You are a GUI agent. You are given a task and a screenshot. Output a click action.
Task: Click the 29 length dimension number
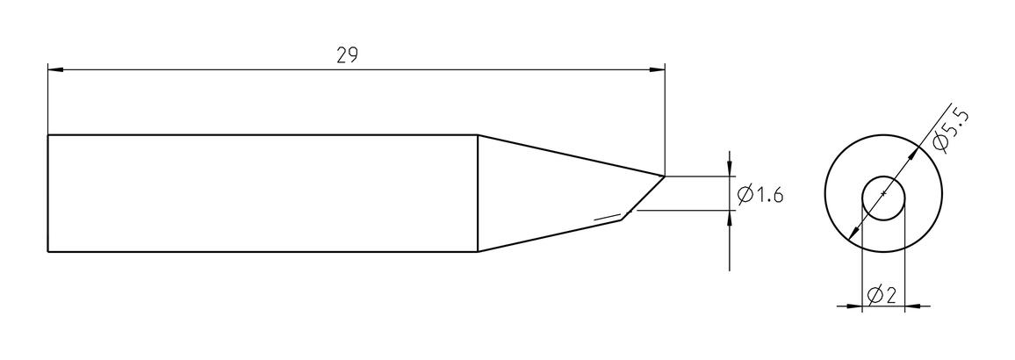(x=348, y=55)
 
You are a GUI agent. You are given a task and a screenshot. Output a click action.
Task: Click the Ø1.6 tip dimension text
(x=760, y=193)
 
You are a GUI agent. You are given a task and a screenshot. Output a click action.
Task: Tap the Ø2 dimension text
(x=881, y=296)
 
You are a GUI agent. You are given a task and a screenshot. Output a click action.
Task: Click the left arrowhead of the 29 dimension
(x=55, y=69)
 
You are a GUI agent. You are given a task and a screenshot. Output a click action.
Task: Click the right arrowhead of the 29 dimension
(x=657, y=69)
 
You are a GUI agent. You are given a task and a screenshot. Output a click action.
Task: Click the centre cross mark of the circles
(x=883, y=193)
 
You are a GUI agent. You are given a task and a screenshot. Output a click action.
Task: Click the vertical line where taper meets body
(x=477, y=193)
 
